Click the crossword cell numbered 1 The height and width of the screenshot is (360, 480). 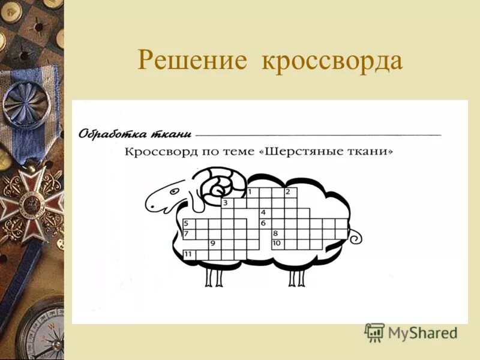pos(251,193)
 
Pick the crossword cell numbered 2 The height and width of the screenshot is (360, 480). pos(290,193)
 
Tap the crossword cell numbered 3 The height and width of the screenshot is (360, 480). pos(227,203)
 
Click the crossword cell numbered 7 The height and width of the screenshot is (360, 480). pos(188,234)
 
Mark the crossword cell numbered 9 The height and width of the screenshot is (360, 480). pos(214,244)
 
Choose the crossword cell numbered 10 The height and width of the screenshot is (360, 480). pos(277,244)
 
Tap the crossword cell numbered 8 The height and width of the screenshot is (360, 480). pos(277,234)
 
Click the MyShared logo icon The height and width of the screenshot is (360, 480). pos(374,332)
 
